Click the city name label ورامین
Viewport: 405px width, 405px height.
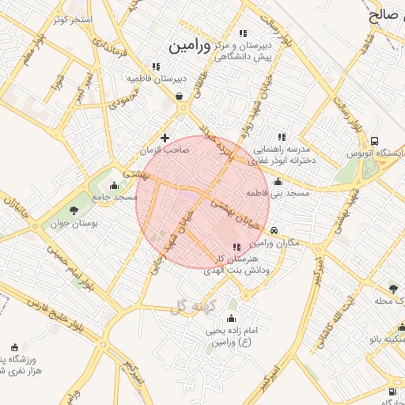coord(190,47)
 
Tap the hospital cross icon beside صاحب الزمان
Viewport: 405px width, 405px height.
coord(165,138)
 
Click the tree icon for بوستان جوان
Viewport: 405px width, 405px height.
coord(73,210)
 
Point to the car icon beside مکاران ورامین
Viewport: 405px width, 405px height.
coord(274,230)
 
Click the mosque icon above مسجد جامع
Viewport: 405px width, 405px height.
coord(115,185)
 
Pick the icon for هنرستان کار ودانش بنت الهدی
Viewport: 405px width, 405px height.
coord(238,247)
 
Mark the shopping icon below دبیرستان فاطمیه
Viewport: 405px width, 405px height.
coord(180,97)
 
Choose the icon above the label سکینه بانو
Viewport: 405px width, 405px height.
coord(401,327)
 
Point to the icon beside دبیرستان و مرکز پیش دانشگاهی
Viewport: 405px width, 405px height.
coord(243,33)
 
